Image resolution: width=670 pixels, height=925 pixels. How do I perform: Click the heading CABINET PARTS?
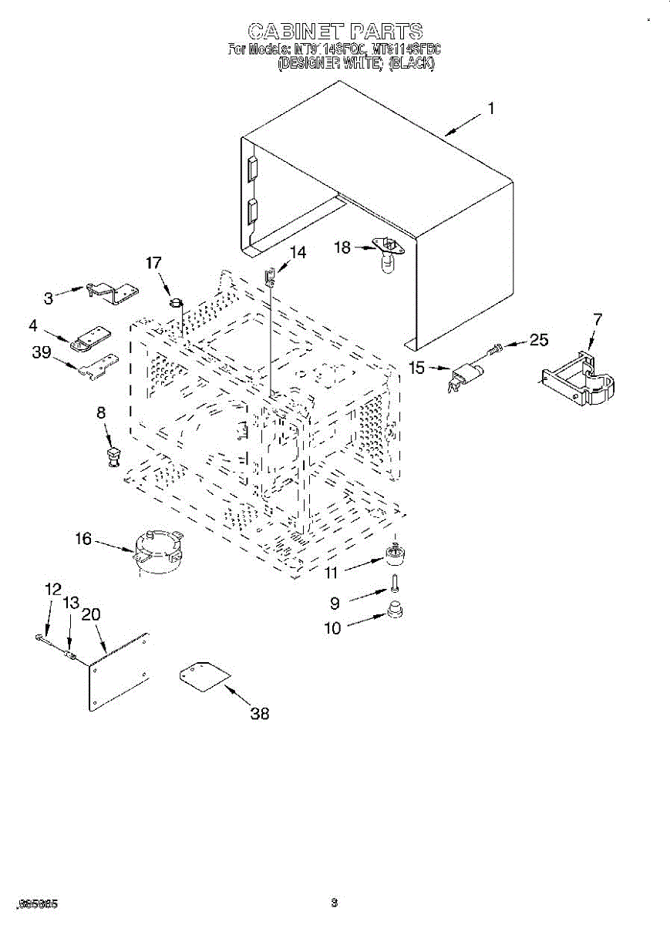335,32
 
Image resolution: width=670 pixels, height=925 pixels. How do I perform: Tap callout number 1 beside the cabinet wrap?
490,109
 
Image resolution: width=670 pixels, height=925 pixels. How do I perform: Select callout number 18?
342,247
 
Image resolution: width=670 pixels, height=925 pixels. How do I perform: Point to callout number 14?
297,252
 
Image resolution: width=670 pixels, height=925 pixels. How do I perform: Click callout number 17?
154,263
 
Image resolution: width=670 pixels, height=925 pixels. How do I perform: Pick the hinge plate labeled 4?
89,336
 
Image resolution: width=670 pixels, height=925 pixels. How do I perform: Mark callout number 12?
52,589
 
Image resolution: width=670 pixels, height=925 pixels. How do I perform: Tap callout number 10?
332,628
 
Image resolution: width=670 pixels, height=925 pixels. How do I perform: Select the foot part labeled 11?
396,554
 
